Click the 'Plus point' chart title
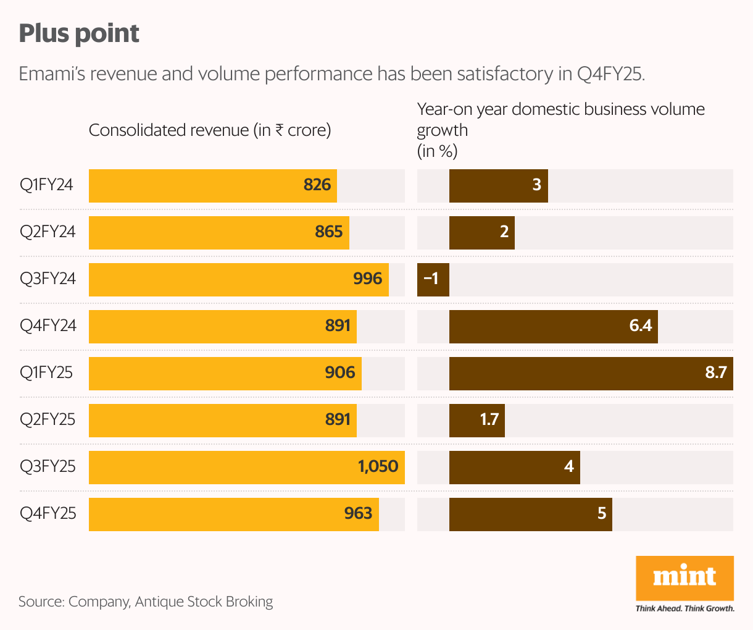coord(79,33)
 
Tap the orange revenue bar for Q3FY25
coord(247,468)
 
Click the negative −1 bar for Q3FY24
coord(433,280)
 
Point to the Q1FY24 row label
coord(47,185)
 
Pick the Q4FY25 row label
coord(48,514)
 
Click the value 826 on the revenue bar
coord(317,185)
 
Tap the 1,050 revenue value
coord(378,466)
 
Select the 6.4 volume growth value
coord(640,325)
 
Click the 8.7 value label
coord(716,372)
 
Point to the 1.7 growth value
coord(489,420)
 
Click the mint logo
coord(684,577)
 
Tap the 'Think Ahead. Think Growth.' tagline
coord(684,608)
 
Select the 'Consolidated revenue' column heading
coord(210,130)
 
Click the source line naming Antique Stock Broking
coord(146,602)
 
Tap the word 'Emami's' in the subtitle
coord(51,74)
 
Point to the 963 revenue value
coord(358,514)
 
